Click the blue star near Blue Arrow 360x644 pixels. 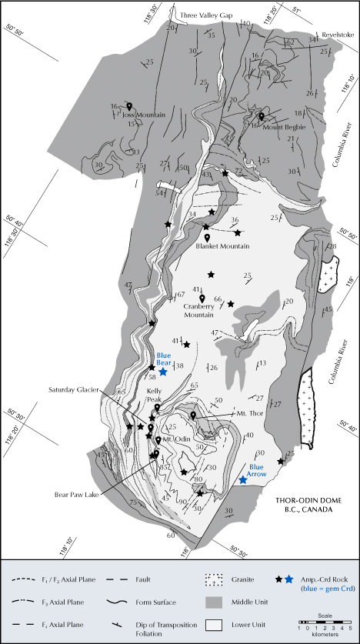[x=243, y=479]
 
